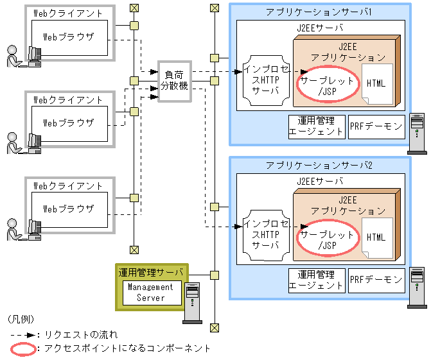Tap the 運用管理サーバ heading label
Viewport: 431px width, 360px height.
point(150,272)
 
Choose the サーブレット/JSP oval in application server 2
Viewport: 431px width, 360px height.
point(327,240)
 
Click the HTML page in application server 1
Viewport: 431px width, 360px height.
point(376,84)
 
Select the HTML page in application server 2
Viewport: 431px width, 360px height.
point(376,237)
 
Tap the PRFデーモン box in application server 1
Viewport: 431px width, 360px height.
point(376,126)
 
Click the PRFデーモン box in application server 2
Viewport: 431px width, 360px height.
point(376,280)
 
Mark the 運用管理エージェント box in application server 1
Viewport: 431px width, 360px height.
point(316,126)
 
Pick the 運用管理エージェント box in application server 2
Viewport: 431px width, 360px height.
point(316,280)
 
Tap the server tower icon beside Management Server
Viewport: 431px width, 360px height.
point(193,301)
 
